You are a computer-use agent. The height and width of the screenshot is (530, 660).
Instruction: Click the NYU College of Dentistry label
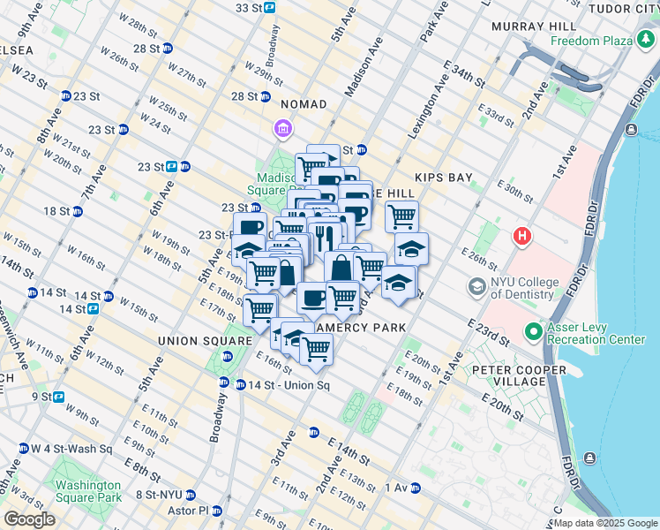pos(524,288)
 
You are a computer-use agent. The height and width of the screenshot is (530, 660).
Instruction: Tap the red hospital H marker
pos(522,237)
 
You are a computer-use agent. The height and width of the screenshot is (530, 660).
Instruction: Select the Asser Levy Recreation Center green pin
pos(534,333)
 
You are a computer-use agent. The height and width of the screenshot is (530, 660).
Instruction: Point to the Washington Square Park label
pos(87,491)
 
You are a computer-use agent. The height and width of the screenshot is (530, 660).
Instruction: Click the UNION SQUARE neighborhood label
pos(205,340)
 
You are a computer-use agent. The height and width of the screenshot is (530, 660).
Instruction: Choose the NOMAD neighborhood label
pos(304,104)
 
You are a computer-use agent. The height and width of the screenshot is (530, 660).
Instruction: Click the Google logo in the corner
pos(29,519)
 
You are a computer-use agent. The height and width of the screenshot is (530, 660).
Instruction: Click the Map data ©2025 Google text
pos(605,523)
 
